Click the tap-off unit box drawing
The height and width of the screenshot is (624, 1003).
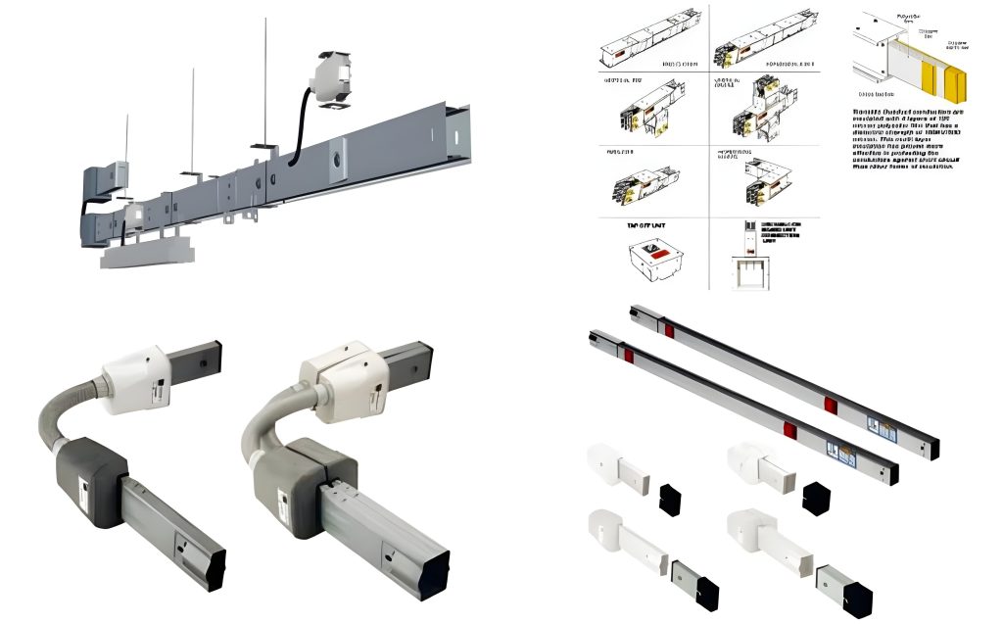click(653, 260)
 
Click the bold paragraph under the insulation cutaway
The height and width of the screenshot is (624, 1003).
click(900, 138)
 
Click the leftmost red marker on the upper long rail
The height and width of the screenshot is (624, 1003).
click(670, 330)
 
